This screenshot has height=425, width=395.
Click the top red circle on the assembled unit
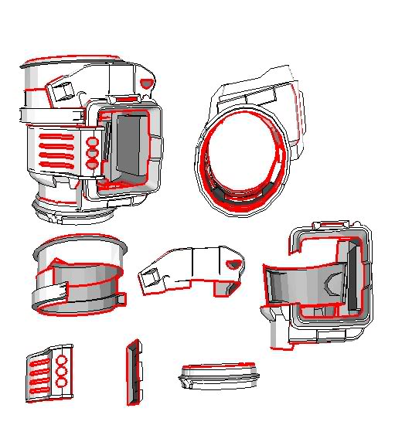[92, 143]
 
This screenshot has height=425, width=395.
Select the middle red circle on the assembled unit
[92, 154]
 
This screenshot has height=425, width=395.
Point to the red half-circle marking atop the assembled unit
[146, 81]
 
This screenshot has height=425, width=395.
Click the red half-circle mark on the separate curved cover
[232, 265]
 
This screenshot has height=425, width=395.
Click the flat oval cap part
[217, 376]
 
